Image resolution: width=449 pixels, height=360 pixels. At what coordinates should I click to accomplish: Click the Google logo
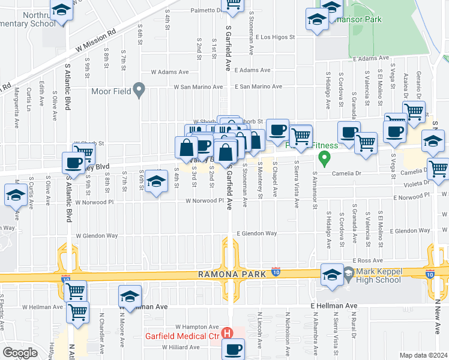click(x=20, y=353)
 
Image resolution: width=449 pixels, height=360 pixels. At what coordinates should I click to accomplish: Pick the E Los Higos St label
click(x=275, y=37)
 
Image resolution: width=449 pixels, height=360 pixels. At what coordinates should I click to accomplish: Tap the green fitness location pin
click(x=325, y=160)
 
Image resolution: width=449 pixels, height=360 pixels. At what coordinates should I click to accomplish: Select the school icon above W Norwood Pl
click(x=156, y=182)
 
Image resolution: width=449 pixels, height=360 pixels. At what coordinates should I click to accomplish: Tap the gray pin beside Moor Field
click(x=139, y=91)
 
